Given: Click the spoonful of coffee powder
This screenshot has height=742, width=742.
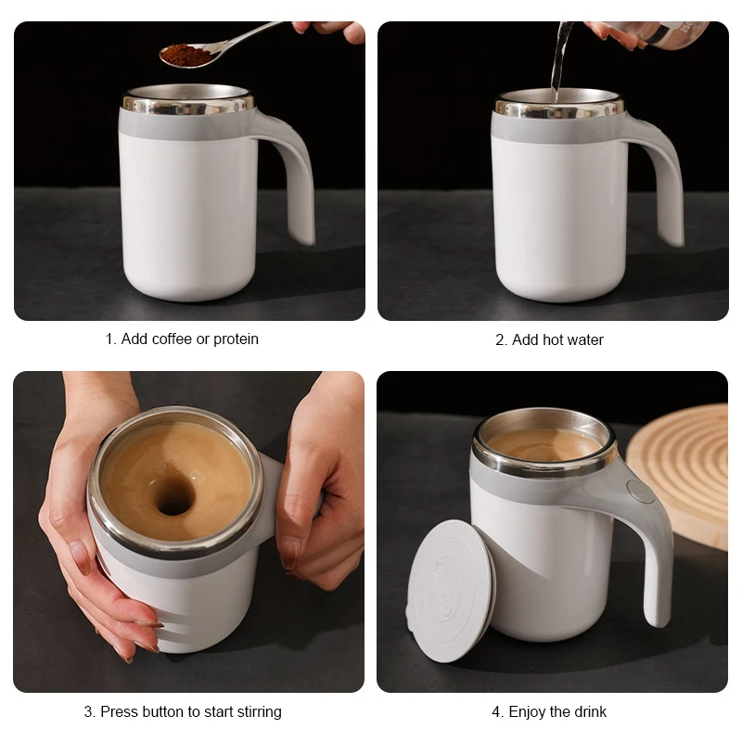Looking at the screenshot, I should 185,55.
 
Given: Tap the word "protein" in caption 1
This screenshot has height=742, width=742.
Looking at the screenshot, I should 236,339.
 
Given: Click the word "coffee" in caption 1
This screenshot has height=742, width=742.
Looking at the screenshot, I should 172,339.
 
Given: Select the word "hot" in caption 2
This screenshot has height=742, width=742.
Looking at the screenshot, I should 553,340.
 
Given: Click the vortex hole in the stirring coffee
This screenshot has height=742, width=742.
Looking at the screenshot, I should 173,497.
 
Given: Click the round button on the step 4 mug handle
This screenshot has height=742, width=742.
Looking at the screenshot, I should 639,491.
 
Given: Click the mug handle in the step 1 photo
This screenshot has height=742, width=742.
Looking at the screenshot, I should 295,176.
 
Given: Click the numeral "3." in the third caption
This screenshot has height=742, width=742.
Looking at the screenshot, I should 90,712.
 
